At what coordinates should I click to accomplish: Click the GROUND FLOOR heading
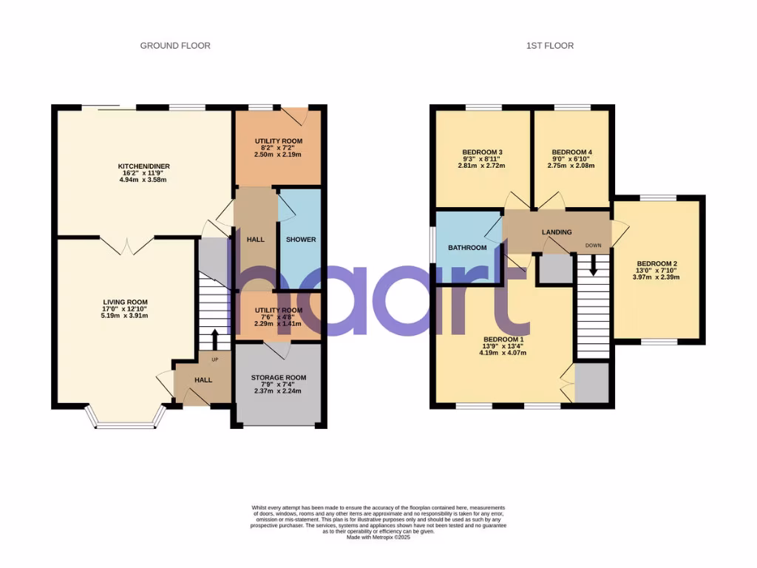point(175,46)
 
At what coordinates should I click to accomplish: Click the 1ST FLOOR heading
point(549,46)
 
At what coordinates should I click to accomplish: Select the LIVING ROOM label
point(125,302)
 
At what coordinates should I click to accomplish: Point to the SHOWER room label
point(301,240)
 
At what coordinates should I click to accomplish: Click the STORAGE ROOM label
point(278,378)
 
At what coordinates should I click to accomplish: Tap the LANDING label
point(557,232)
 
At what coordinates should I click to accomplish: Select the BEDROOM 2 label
point(657,264)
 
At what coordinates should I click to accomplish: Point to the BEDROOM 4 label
point(572,152)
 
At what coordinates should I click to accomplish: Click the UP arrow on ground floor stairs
point(215,340)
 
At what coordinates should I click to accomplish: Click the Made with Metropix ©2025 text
point(378,537)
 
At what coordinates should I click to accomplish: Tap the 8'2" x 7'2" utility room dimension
point(278,148)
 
